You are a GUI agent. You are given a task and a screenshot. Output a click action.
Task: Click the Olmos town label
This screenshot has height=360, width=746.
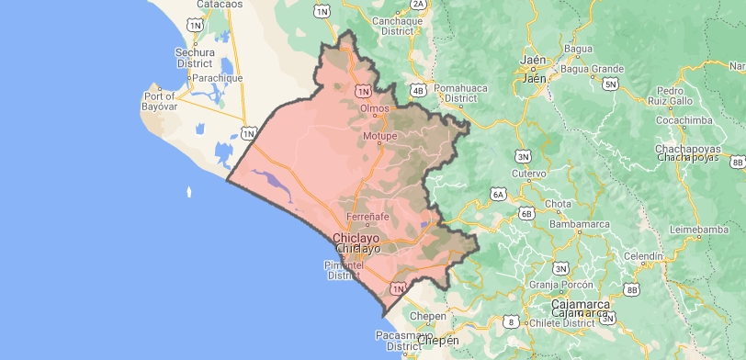click(x=375, y=108)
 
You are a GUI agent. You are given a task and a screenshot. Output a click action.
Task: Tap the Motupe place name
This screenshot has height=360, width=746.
click(x=379, y=137)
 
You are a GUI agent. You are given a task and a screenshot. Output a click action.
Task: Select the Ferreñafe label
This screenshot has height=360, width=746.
click(x=367, y=217)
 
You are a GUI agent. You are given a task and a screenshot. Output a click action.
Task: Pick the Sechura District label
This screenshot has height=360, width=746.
click(x=195, y=58)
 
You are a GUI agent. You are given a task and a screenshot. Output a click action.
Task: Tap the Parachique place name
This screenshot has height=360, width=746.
click(x=216, y=78)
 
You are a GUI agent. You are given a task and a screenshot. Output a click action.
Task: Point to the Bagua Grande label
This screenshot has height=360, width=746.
click(x=593, y=69)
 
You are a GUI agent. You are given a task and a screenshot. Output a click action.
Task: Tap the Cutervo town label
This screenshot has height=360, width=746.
click(x=528, y=173)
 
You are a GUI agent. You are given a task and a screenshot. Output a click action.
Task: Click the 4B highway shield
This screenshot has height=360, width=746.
click(x=419, y=90)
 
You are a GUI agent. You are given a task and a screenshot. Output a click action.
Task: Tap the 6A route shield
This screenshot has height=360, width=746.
click(x=498, y=194)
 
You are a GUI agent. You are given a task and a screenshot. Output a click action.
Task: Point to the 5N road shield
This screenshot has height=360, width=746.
click(x=610, y=84)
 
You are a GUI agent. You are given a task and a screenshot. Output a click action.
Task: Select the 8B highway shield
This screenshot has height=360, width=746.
click(x=631, y=290)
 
